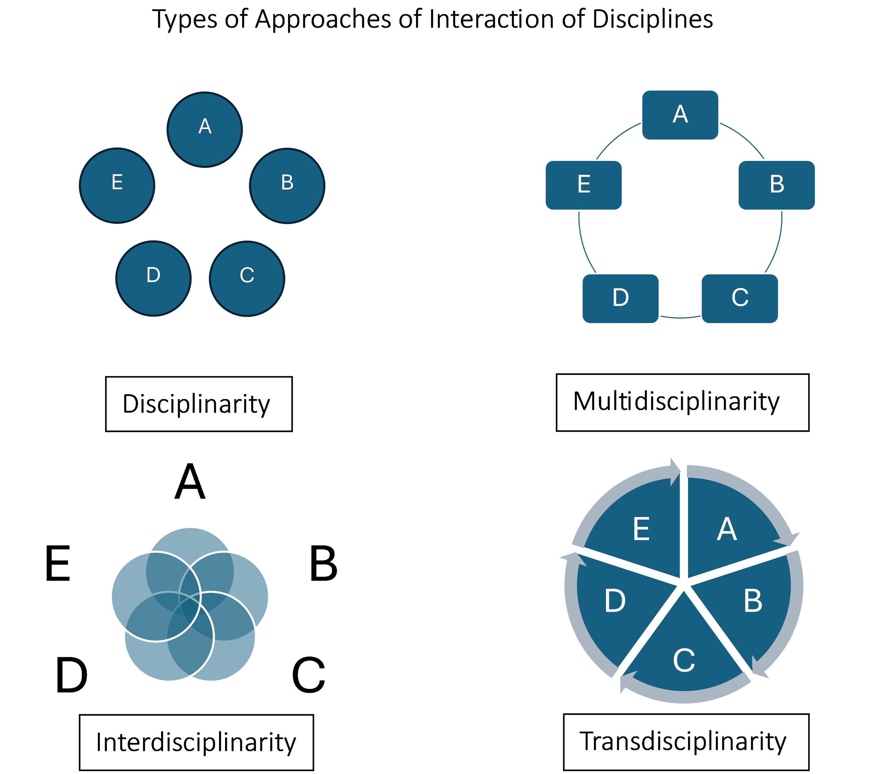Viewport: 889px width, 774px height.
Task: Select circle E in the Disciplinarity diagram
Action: tap(117, 186)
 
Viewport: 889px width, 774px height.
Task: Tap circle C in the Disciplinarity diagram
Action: tap(247, 279)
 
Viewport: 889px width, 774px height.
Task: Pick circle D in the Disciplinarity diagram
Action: tap(153, 279)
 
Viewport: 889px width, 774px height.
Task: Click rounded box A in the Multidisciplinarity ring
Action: tap(680, 115)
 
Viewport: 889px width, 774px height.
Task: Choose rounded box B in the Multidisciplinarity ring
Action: tap(776, 185)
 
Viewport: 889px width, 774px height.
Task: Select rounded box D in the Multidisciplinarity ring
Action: tap(620, 299)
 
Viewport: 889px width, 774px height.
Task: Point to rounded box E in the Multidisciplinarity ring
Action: tap(584, 185)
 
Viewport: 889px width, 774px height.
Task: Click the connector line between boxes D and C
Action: tap(680, 318)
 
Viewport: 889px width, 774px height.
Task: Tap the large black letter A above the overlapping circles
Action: tap(190, 483)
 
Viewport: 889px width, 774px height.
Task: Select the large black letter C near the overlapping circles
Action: tap(308, 675)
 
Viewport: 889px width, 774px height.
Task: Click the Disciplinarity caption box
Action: tap(199, 404)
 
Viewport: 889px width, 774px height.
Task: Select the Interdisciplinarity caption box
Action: tap(196, 742)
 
